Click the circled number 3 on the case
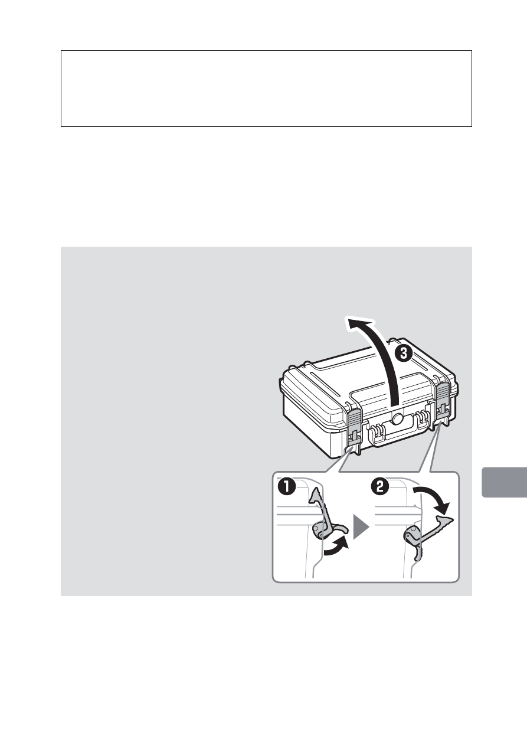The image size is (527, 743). [x=403, y=355]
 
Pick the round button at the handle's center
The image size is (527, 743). [x=396, y=419]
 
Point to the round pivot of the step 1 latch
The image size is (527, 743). [x=319, y=531]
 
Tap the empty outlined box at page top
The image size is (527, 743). [x=266, y=89]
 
